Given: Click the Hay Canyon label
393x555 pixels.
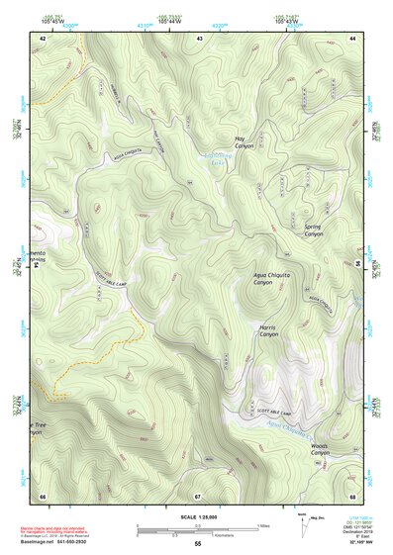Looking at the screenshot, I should pyautogui.click(x=245, y=141).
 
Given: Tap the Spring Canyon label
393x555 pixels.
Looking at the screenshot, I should pyautogui.click(x=313, y=230).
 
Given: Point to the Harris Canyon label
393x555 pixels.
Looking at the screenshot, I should pyautogui.click(x=269, y=331).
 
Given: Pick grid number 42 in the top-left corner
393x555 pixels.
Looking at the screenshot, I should pyautogui.click(x=43, y=38).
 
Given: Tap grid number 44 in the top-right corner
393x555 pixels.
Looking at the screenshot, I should pyautogui.click(x=352, y=38).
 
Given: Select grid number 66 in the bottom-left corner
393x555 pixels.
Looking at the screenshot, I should pyautogui.click(x=43, y=495).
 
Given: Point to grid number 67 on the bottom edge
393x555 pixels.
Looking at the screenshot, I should pyautogui.click(x=197, y=495).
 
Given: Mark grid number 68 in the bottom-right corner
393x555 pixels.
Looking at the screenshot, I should pyautogui.click(x=352, y=495).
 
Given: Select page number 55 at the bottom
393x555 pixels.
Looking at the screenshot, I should pyautogui.click(x=197, y=545).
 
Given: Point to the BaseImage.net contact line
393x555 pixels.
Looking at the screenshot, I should pyautogui.click(x=59, y=542).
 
